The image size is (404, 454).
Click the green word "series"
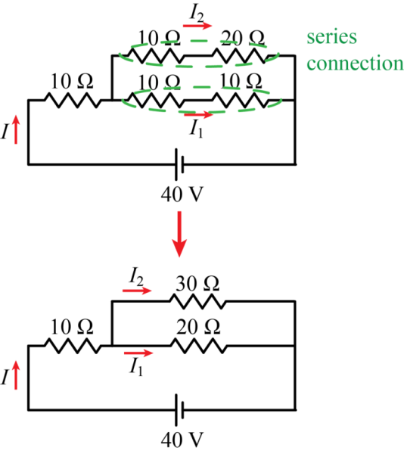coord(331,37)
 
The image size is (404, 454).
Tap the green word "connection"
coord(355,63)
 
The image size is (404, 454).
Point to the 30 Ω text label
coord(197,283)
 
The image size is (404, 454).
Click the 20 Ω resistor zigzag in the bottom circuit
coord(198,346)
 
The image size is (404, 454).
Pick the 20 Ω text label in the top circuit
coord(243,38)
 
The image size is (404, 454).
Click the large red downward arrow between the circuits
coord(179,234)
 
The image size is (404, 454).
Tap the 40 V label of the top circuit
coord(182,194)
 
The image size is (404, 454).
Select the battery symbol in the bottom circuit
coord(179,409)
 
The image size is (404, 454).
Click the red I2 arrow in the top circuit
coord(197,26)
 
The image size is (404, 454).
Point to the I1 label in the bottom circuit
coord(136,367)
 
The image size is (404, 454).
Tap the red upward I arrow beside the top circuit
coord(16,129)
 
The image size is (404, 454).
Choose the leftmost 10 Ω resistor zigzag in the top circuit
coord(73,100)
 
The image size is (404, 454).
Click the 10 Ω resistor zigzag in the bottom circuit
coord(73,346)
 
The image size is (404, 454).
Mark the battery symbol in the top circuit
coord(179,164)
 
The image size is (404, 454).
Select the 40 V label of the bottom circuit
coord(182,440)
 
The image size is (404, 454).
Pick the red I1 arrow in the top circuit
coord(198,115)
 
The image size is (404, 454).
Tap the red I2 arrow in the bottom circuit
coord(137,291)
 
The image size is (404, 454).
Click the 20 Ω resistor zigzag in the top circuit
coord(239,55)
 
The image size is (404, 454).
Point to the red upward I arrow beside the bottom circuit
coord(16,375)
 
